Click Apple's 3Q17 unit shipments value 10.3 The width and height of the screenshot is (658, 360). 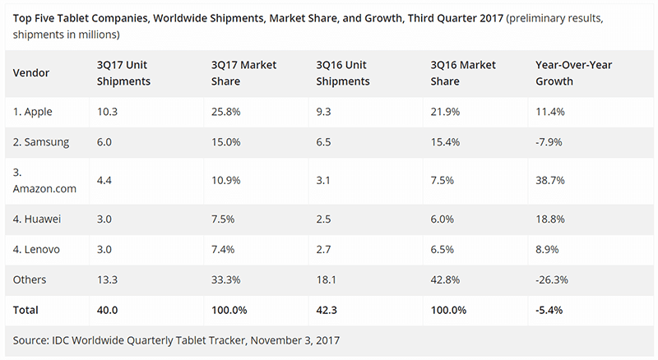coord(107,112)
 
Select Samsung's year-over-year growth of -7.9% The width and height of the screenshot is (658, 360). coord(549,142)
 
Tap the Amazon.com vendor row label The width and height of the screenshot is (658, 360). coord(44,181)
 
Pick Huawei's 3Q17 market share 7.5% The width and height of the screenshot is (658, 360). coord(223,219)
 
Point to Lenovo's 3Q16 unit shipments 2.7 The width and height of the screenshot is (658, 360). coord(323,250)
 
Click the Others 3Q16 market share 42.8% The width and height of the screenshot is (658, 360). coord(445,279)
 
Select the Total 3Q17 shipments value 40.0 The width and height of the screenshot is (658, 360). coord(107,310)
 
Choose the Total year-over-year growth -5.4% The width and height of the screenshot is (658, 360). coord(549,310)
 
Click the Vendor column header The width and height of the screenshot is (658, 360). coord(31,73)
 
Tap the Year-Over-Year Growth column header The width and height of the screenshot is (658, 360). coord(573,73)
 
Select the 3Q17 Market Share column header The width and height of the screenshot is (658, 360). coord(243,73)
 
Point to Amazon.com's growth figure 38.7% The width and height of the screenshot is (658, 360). coord(550,181)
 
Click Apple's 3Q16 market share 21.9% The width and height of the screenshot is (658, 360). coord(445,112)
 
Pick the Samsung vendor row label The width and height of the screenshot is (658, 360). coord(41,142)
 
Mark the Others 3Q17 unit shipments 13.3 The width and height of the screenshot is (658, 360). coord(107,279)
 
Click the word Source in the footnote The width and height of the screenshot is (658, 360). coord(30,340)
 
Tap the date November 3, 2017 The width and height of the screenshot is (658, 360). coord(295,340)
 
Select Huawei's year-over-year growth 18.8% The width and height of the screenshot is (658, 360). coord(550,219)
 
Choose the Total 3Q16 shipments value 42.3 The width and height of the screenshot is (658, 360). coord(327,310)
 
